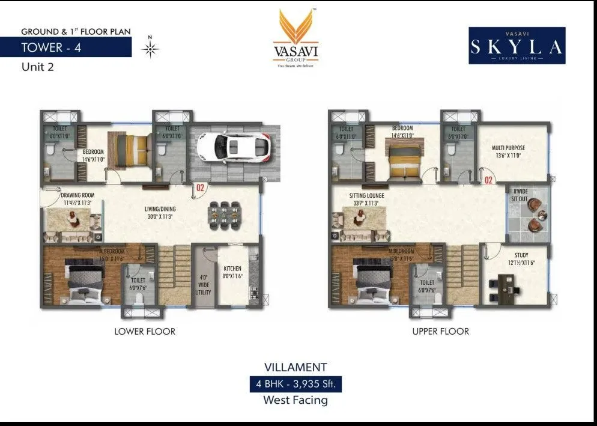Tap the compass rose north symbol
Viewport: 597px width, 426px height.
[150, 49]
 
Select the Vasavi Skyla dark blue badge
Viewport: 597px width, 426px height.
[517, 46]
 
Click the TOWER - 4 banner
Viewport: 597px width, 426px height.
[66, 47]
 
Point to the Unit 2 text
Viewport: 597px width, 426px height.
[38, 67]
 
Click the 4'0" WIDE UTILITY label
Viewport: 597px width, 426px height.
[203, 284]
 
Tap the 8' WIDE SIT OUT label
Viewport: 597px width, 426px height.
[520, 195]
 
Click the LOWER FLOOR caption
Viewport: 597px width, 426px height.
[145, 331]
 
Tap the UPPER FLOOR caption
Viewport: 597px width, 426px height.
[440, 331]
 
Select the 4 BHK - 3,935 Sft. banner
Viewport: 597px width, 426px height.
[296, 383]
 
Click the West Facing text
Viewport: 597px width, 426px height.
[296, 400]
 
